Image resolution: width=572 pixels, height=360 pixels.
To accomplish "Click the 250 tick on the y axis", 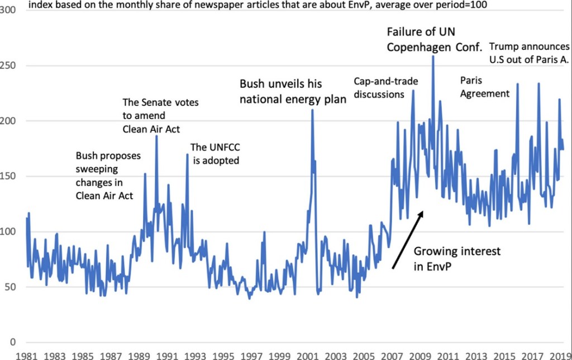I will [9, 66].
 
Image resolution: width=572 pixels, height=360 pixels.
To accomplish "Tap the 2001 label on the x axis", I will [307, 354].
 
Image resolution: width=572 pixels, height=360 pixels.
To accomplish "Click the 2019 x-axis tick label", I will [559, 354].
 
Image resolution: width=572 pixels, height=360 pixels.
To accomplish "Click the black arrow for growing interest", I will [408, 240].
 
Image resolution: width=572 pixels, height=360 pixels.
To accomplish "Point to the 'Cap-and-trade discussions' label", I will [387, 88].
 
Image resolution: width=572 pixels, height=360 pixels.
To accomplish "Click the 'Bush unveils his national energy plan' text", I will [293, 92].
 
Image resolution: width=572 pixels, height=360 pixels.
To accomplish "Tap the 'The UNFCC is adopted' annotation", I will [215, 154].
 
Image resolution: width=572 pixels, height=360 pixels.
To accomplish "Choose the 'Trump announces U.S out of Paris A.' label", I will [529, 53].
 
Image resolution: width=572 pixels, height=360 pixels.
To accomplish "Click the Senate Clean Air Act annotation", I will [160, 116].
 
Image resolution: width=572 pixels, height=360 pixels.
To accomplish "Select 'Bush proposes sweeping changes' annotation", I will [108, 176].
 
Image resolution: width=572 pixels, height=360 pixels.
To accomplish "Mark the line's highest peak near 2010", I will [433, 56].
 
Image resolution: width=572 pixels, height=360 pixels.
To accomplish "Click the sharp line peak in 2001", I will [312, 110].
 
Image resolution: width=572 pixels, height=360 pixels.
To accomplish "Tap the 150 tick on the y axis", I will [9, 177].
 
